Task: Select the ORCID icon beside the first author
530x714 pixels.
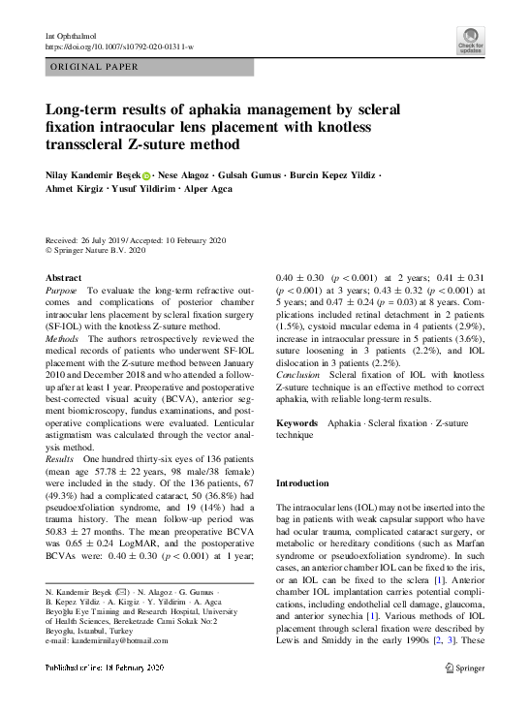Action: pos(147,176)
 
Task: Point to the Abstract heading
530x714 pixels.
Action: pos(64,278)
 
